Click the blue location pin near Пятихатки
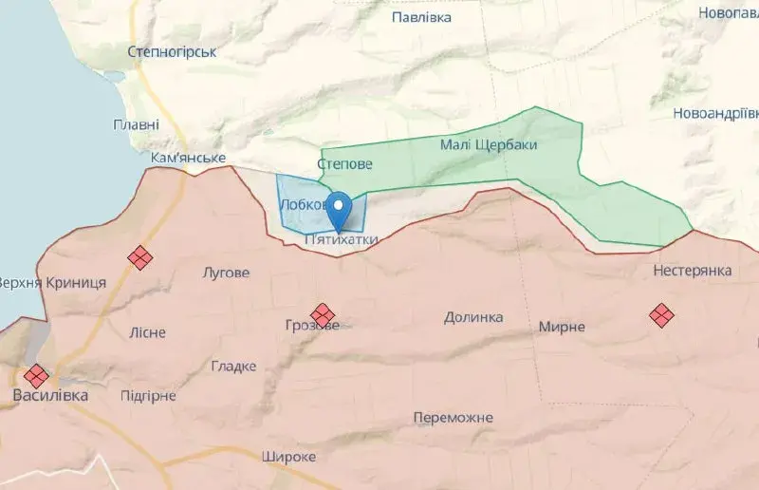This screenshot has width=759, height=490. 340,206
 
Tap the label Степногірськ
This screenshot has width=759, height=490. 172,52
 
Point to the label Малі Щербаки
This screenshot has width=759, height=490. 489,145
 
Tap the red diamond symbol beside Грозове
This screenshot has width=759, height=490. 323,314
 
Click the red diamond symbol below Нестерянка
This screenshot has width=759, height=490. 661,314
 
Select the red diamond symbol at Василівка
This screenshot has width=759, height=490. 37,375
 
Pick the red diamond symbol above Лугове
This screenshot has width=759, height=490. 140,257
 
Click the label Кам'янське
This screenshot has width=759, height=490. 188,158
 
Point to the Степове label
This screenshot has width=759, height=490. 345,164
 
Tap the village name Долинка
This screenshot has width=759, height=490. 472,316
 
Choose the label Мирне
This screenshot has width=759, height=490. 562,327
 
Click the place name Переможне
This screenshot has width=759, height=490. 454,418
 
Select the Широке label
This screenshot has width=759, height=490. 288,457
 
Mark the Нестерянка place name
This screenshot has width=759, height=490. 693,271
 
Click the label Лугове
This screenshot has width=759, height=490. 227,273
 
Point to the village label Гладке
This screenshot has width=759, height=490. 233,367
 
